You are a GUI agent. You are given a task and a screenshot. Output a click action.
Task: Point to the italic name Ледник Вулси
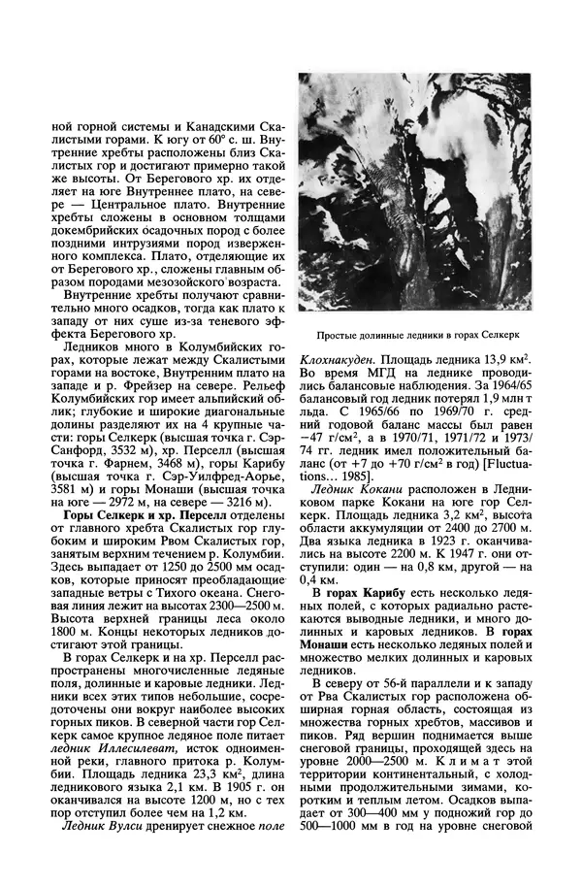point(101,826)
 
